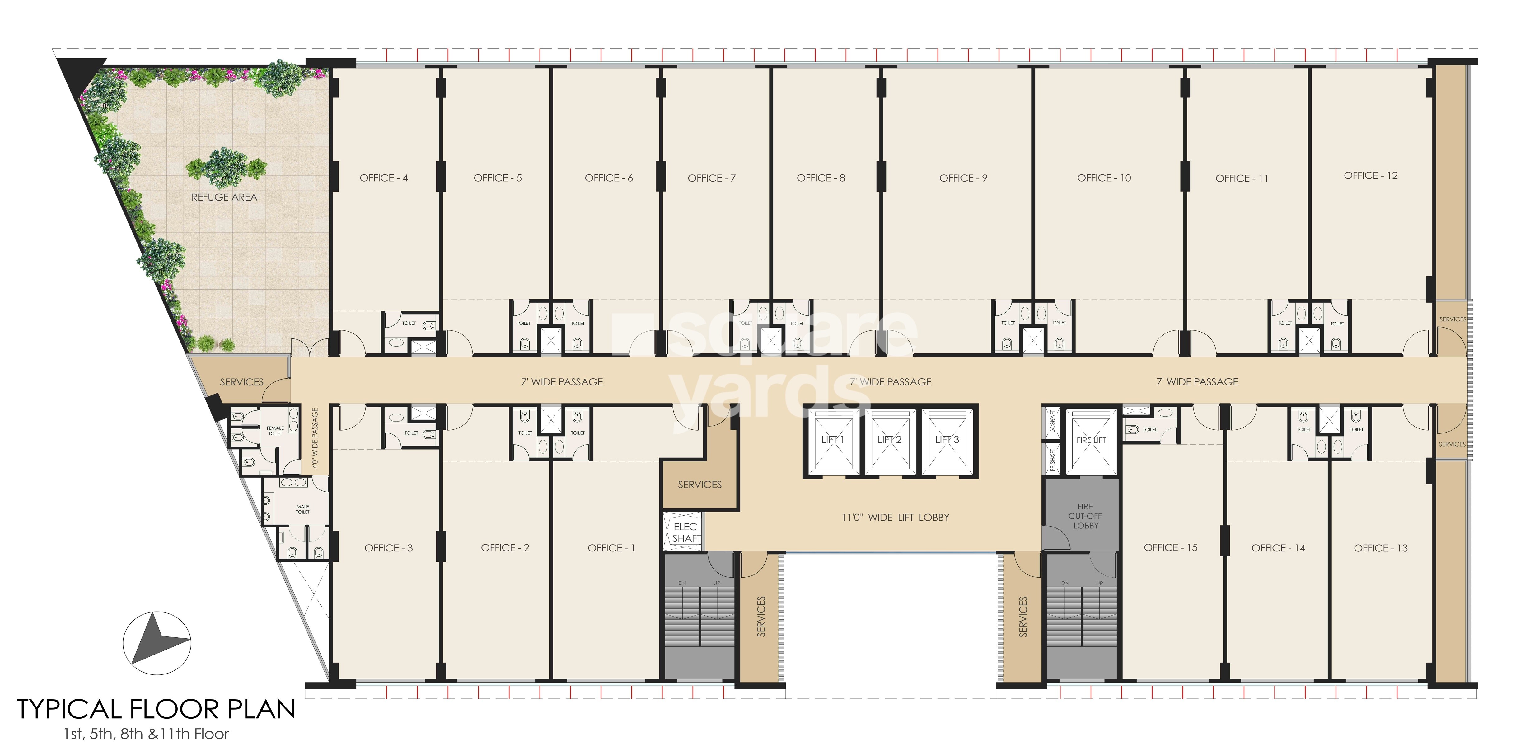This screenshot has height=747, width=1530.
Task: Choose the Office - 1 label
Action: click(x=611, y=548)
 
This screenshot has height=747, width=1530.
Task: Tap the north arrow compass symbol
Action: click(x=157, y=643)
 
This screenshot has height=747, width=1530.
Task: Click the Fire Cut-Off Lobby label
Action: click(x=1085, y=516)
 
